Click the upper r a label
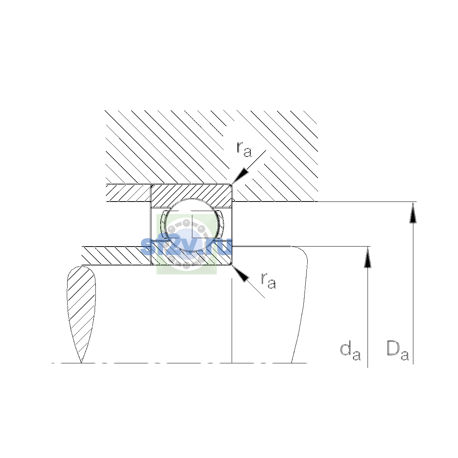tap(244, 149)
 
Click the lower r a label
tap(269, 281)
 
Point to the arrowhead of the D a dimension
tap(413, 213)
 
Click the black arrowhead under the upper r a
tap(240, 176)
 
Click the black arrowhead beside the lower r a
tap(240, 274)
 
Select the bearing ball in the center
tap(192, 224)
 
